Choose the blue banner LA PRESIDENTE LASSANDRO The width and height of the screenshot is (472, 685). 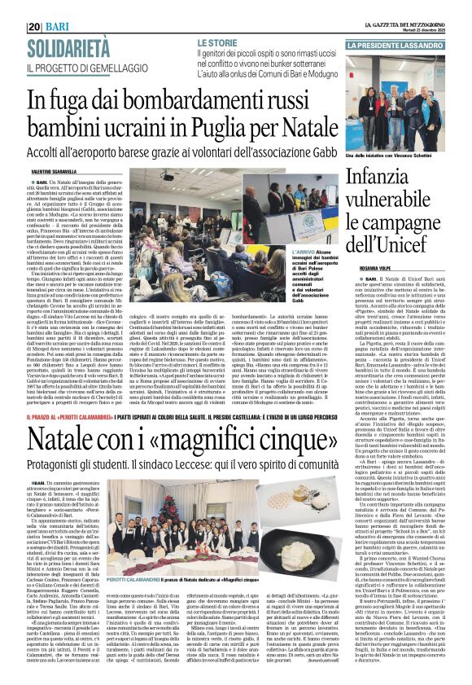(406, 46)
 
